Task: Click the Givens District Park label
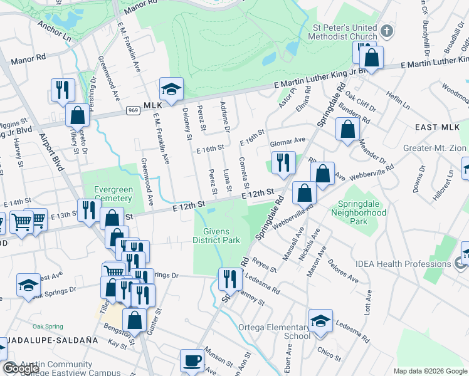[216, 235]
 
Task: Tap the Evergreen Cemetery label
[113, 194]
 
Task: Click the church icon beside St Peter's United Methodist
[387, 29]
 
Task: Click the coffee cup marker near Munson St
[192, 361]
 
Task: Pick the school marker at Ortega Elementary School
[320, 321]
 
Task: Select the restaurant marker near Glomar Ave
[283, 163]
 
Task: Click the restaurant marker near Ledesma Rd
[229, 279]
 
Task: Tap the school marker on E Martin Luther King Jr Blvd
[171, 90]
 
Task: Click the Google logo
[20, 368]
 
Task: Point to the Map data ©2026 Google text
[430, 370]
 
